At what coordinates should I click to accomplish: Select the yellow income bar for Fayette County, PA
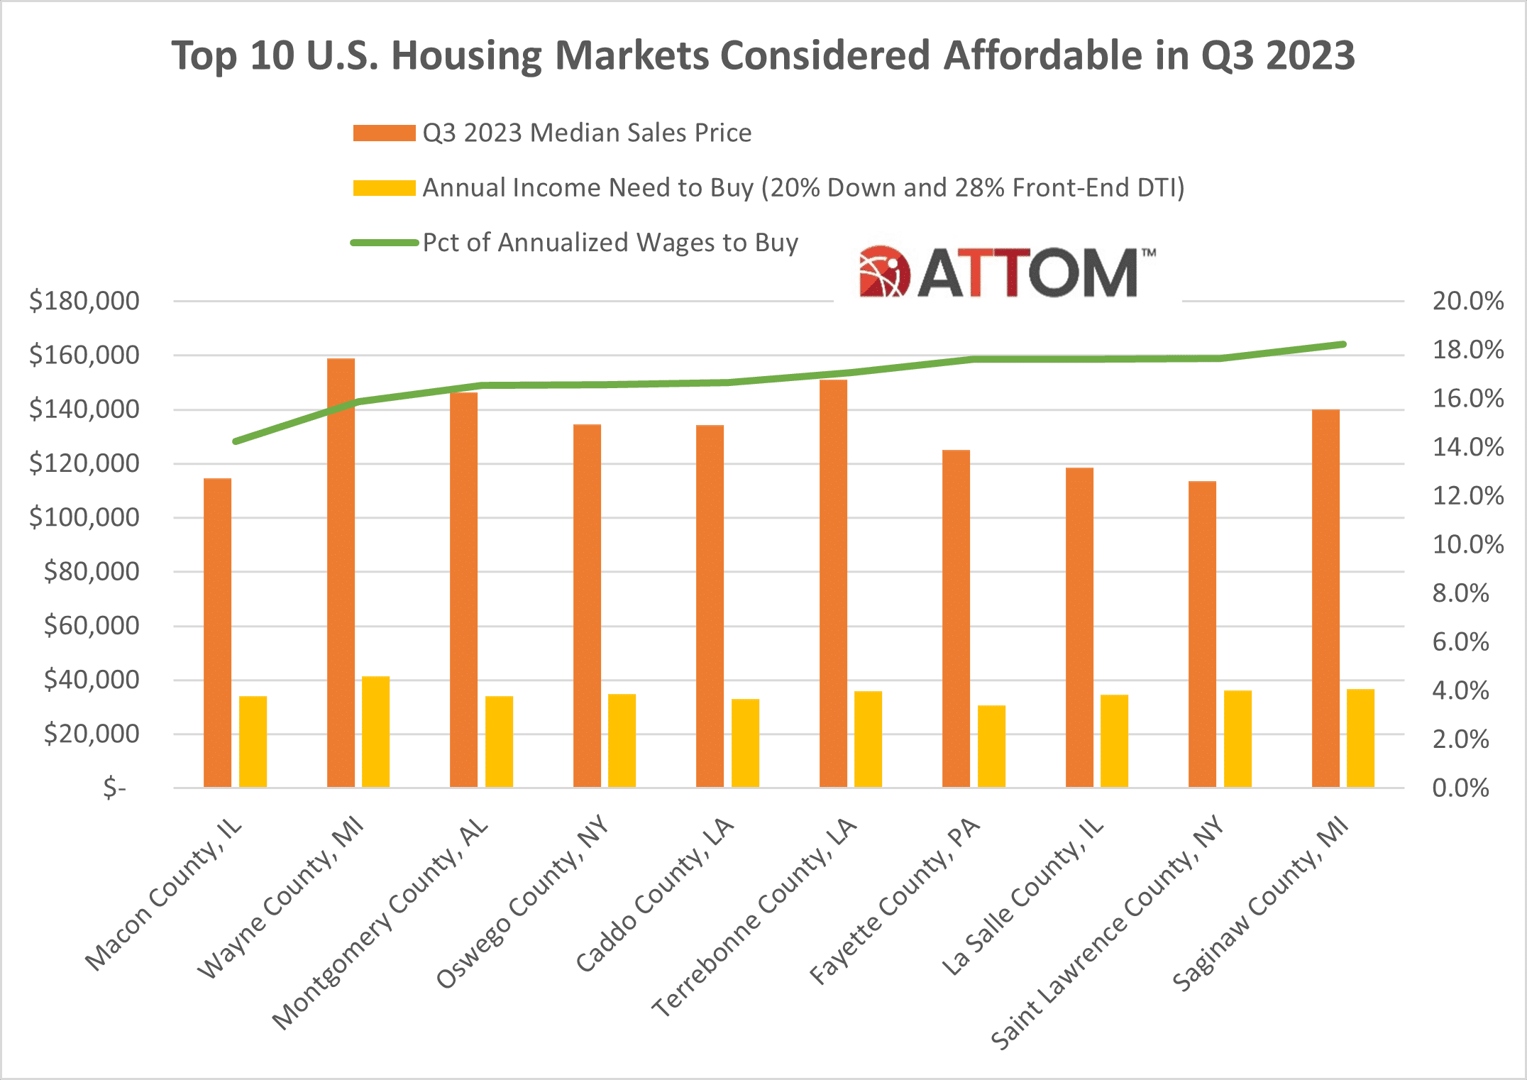[x=991, y=746]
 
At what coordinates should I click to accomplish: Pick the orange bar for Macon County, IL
[x=217, y=632]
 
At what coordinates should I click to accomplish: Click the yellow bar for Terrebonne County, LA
[x=868, y=739]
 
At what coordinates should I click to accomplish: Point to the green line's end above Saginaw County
[x=1343, y=345]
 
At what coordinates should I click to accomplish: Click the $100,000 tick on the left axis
[x=84, y=517]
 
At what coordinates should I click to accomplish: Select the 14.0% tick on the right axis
[x=1467, y=447]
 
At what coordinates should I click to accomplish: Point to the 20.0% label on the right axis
[x=1467, y=301]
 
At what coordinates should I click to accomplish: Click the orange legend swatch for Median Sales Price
[x=384, y=133]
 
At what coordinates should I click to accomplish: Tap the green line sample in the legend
[x=384, y=243]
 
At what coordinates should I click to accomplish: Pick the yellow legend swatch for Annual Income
[x=384, y=188]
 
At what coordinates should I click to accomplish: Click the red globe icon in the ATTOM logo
[x=884, y=272]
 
